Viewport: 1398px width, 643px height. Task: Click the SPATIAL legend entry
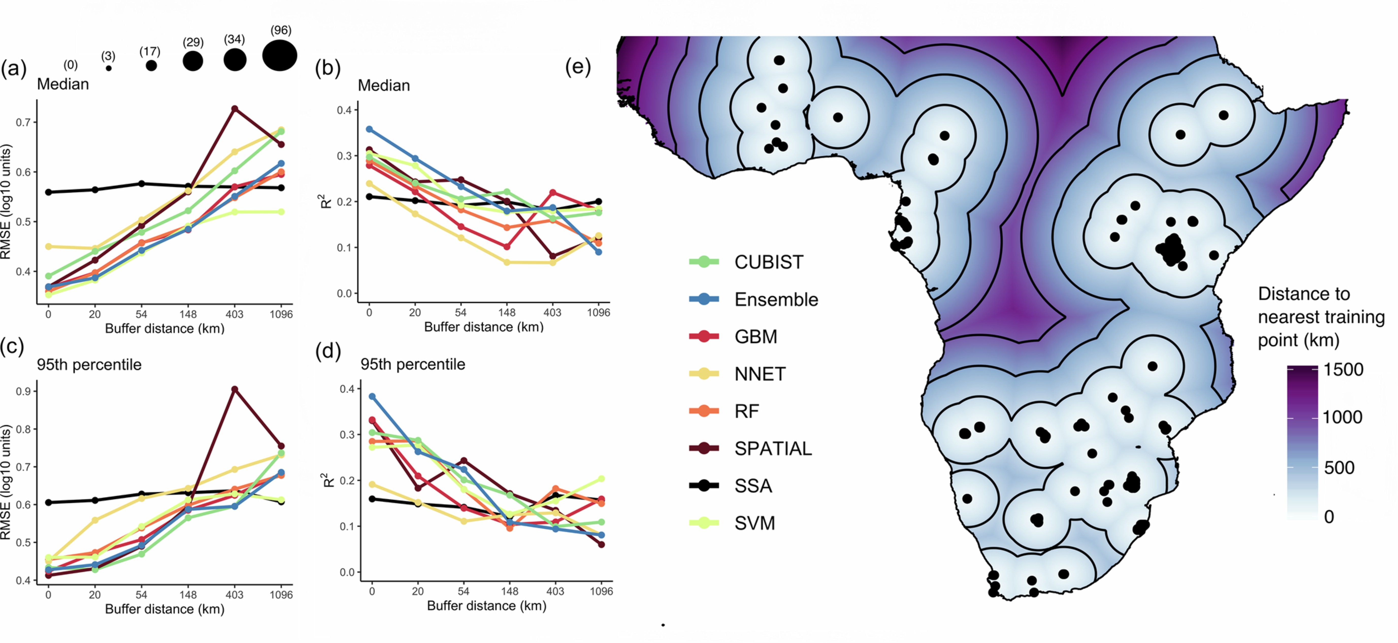tap(773, 448)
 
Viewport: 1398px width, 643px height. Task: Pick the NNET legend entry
tap(760, 374)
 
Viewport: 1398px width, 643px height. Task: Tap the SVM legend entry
tap(754, 523)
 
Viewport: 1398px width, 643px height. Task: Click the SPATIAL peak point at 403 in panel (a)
tap(235, 109)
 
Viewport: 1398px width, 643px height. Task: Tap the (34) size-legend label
tap(235, 39)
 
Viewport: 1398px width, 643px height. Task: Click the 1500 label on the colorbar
tap(1343, 370)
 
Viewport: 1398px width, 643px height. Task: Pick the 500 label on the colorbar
tap(1339, 468)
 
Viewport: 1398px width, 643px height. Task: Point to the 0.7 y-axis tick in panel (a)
tap(23, 122)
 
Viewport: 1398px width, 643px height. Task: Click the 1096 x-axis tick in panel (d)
tap(601, 591)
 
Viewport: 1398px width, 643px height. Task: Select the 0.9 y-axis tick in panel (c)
tap(23, 391)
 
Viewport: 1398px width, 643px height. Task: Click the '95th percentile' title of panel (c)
tap(89, 364)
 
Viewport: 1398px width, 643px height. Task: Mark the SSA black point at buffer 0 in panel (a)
tap(48, 192)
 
